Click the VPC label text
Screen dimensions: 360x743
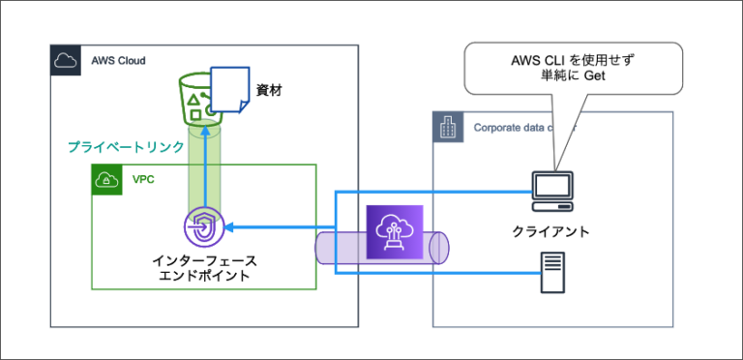pos(142,179)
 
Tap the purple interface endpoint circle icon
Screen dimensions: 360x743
pos(204,227)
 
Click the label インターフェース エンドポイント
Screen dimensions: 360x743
pos(204,268)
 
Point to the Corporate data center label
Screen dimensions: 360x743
pos(522,127)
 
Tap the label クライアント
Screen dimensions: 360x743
pos(551,232)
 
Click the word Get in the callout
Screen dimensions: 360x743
pos(593,76)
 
